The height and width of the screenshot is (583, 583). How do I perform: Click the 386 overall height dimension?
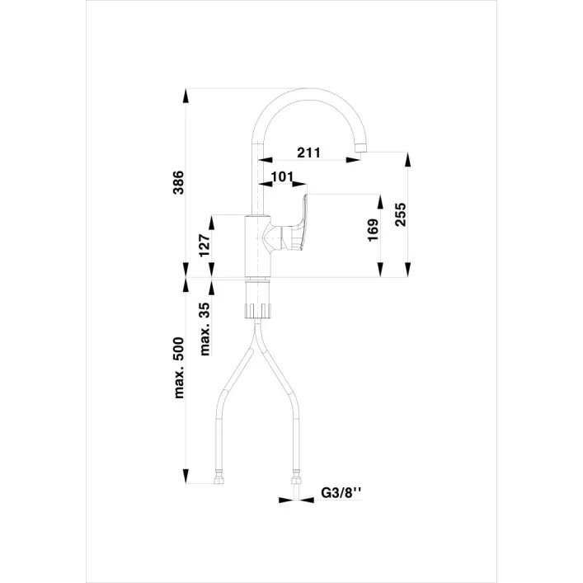point(179,182)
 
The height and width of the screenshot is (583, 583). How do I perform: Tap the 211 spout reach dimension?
point(308,153)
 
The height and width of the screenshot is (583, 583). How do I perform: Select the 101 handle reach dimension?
point(283,176)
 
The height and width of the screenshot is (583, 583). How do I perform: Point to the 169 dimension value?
point(373,230)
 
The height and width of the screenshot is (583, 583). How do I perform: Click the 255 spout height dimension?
point(401,214)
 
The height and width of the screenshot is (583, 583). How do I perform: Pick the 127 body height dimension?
point(205,246)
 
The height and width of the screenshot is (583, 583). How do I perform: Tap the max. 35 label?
point(205,329)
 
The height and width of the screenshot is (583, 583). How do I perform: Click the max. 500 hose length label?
point(179,368)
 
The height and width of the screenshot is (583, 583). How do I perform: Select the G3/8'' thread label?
point(341,492)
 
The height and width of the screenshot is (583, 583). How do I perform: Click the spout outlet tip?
point(361,148)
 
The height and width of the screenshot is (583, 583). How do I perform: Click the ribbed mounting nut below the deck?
point(258,311)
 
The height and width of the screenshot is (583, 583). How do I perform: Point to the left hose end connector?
point(219,477)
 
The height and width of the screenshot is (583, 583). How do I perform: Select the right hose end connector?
point(296,477)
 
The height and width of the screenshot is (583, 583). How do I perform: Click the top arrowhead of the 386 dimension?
point(186,96)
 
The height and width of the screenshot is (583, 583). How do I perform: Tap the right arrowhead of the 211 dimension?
point(353,160)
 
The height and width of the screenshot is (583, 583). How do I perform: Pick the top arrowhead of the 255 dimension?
point(408,159)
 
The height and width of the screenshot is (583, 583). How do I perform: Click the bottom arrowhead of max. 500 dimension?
point(186,477)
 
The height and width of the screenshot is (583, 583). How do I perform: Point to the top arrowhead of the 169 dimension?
point(380,202)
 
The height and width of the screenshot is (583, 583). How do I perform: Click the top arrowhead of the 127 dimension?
point(212,223)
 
